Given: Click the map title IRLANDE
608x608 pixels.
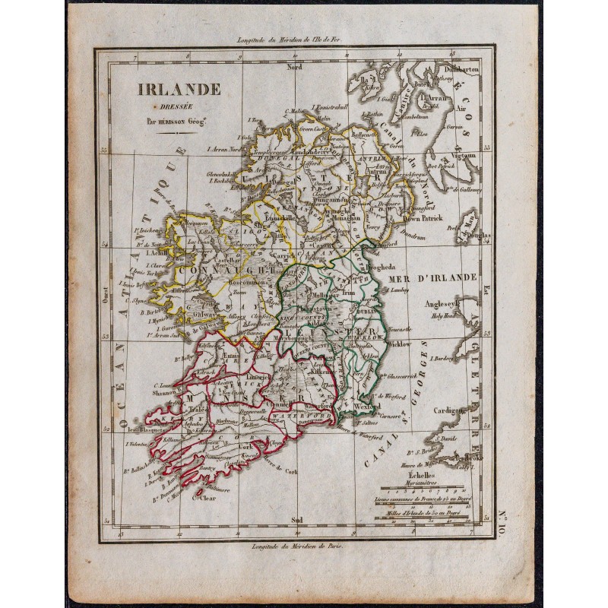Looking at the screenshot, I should click(179, 88).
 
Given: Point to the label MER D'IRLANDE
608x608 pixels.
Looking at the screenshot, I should click(431, 279).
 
